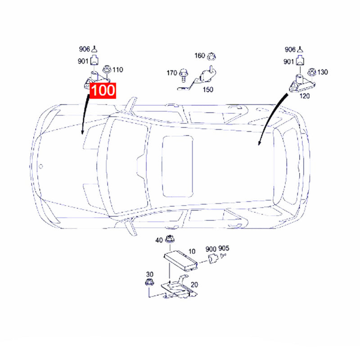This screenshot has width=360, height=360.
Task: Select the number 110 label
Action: point(117,70)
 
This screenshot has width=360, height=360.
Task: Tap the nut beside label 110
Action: point(108,70)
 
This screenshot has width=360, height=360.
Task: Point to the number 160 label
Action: point(199,56)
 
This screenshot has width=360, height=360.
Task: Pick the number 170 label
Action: point(171,72)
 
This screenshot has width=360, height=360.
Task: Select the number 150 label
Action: point(207,90)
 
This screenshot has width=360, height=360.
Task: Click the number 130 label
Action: point(323,72)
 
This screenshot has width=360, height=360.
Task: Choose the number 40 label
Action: point(159,241)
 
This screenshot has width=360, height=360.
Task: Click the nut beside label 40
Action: point(170,240)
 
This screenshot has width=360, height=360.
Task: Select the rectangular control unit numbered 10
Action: point(180,260)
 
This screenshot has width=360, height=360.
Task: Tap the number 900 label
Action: point(211,249)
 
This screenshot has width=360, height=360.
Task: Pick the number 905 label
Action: point(224,249)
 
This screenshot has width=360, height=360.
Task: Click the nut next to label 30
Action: point(148,283)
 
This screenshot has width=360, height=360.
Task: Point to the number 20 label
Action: point(194,284)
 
